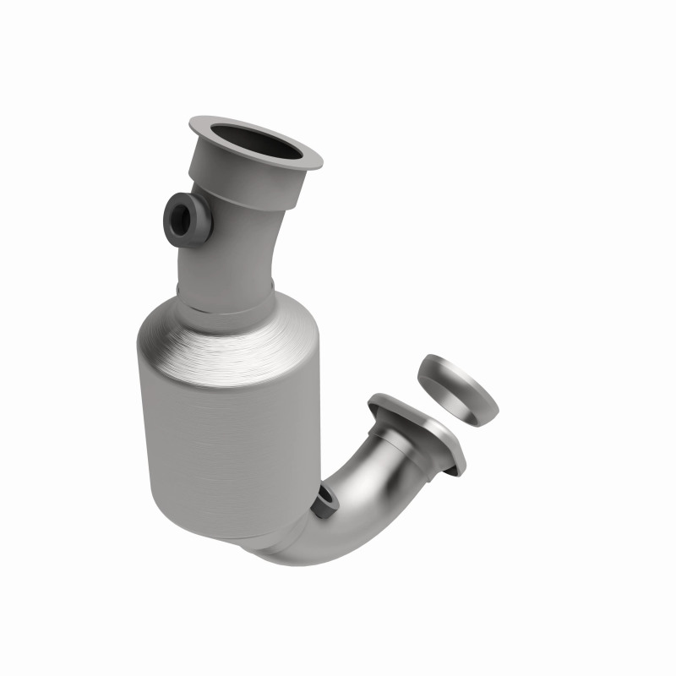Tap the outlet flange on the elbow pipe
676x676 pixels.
pyautogui.click(x=422, y=431)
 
